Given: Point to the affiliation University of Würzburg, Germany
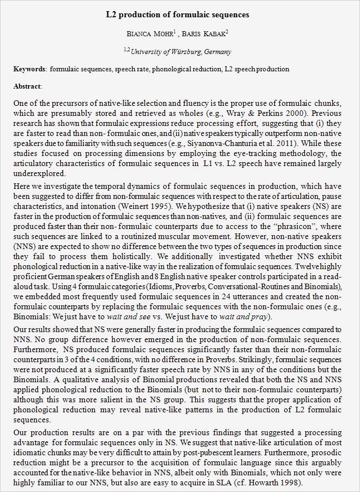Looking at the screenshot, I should click(x=181, y=52).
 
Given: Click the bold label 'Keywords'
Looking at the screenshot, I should click(x=30, y=69).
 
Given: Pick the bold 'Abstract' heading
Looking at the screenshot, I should click(x=27, y=86).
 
